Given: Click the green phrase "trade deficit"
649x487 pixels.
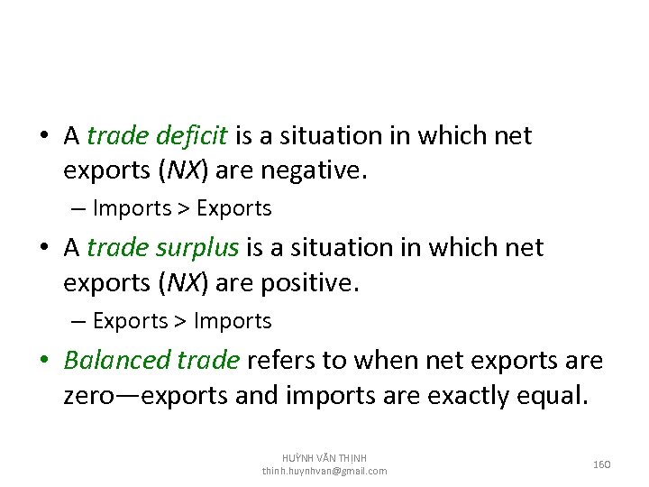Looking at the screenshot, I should [159, 136].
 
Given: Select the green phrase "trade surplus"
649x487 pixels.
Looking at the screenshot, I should [163, 248].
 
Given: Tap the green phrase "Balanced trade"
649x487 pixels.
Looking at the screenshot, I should [151, 361].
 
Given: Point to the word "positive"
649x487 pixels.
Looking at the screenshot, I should [308, 284].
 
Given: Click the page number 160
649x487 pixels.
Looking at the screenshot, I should [602, 464].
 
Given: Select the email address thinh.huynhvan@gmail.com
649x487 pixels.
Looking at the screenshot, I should [324, 471].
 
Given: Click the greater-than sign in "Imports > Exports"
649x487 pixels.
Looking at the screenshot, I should [184, 209].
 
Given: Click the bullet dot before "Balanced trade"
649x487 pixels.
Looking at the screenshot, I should [45, 362].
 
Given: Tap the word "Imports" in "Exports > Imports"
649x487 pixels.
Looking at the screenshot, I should [233, 321].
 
